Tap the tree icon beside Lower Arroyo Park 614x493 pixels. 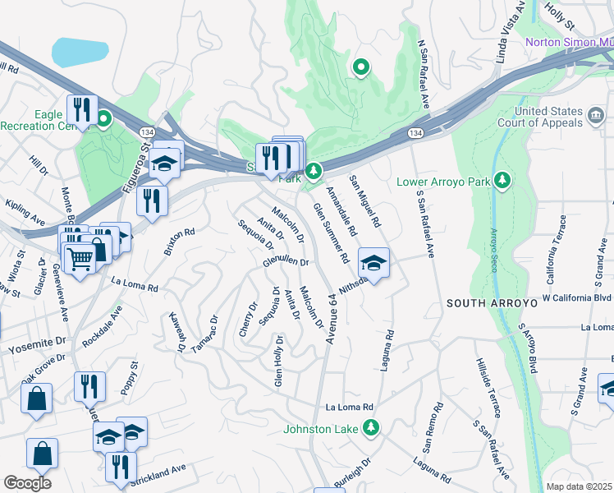pyautogui.click(x=502, y=180)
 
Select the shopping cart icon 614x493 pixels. pyautogui.click(x=80, y=259)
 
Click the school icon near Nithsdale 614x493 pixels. pyautogui.click(x=373, y=264)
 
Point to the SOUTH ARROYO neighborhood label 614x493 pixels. pyautogui.click(x=491, y=303)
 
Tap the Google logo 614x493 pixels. pyautogui.click(x=27, y=482)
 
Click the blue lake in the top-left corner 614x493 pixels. pyautogui.click(x=80, y=52)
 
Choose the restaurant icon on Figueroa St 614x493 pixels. pyautogui.click(x=152, y=200)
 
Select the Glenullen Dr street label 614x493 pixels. pyautogui.click(x=285, y=263)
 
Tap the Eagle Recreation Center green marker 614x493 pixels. pyautogui.click(x=103, y=122)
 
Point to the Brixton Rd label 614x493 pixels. pyautogui.click(x=179, y=242)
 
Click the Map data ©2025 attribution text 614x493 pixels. pyautogui.click(x=580, y=486)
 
